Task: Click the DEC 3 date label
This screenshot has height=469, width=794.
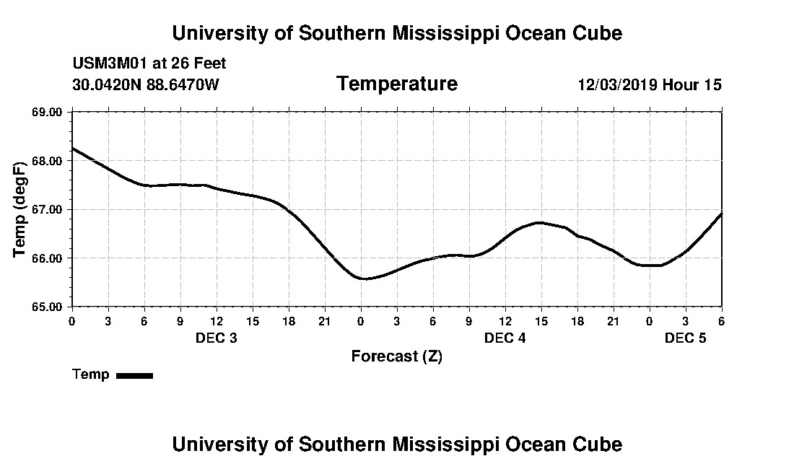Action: pyautogui.click(x=217, y=338)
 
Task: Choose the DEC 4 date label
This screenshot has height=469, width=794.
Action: pyautogui.click(x=505, y=338)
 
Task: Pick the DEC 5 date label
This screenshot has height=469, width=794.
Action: pyautogui.click(x=685, y=338)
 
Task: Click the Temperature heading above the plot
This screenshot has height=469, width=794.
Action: pyautogui.click(x=396, y=84)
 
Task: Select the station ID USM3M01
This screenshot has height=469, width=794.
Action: pyautogui.click(x=108, y=63)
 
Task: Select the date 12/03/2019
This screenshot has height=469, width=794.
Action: pyautogui.click(x=617, y=85)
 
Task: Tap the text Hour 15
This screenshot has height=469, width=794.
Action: pyautogui.click(x=692, y=85)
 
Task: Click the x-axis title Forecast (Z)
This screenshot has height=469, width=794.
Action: pyautogui.click(x=396, y=356)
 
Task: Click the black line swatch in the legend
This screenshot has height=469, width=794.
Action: pyautogui.click(x=134, y=375)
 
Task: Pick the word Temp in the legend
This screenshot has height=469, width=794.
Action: pyautogui.click(x=91, y=374)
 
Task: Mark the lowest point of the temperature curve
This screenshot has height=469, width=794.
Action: pyautogui.click(x=365, y=279)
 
